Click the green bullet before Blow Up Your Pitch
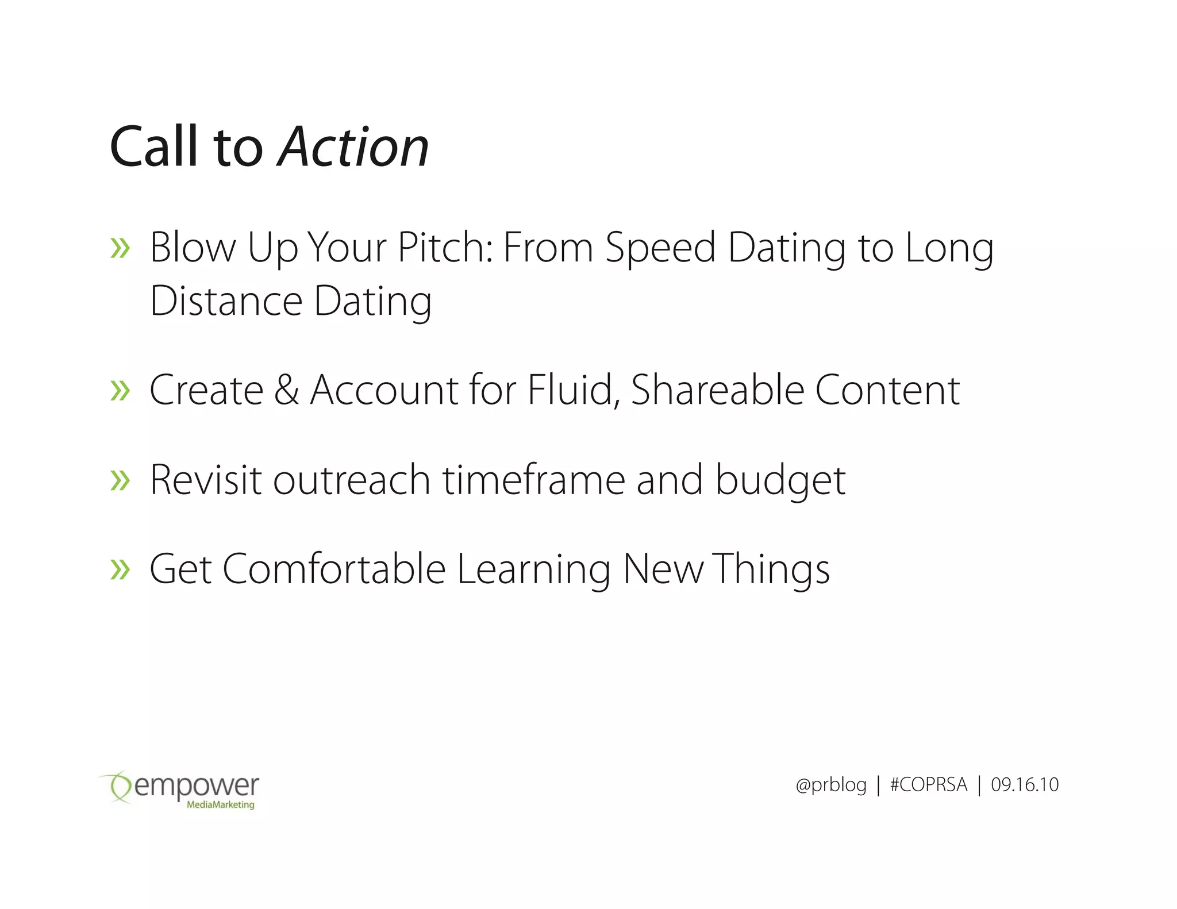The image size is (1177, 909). (x=120, y=248)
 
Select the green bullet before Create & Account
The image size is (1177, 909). (x=120, y=391)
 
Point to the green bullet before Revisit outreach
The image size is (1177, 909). (x=120, y=480)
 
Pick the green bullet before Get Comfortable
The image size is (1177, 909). (x=120, y=569)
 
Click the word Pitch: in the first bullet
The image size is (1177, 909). (x=445, y=248)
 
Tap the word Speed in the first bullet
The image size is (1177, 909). (x=660, y=248)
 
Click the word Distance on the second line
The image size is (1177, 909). (x=226, y=301)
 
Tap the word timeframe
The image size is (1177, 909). (x=533, y=480)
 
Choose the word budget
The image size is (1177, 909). (x=780, y=480)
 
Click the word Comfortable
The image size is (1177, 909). (x=334, y=569)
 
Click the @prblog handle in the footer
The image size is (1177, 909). (x=831, y=785)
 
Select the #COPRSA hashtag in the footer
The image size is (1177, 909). (x=928, y=785)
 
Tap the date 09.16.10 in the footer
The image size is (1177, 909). (x=1025, y=785)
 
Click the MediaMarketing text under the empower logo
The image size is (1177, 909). (x=220, y=805)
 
